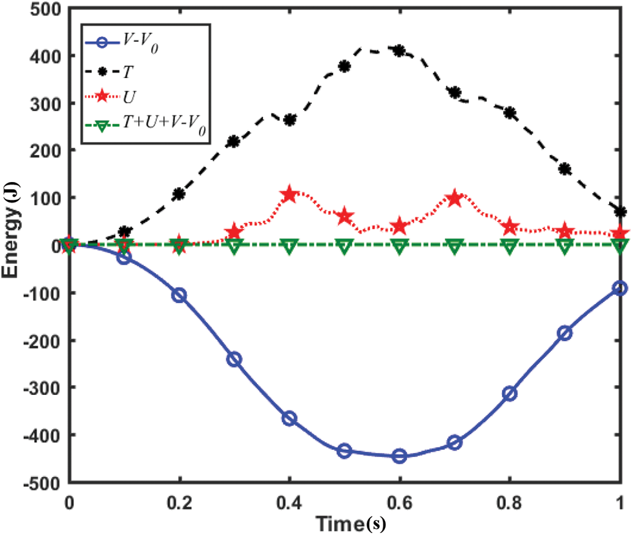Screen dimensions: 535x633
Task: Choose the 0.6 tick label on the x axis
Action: (399, 500)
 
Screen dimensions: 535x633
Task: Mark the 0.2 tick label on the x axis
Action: (179, 500)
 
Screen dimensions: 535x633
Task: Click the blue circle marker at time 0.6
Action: (399, 456)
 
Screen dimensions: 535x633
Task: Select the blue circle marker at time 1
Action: (620, 288)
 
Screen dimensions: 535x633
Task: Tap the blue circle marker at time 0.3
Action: (234, 359)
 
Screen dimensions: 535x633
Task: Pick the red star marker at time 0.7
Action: (455, 198)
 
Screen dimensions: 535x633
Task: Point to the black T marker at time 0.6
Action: (399, 50)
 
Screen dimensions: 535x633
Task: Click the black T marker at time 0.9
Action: (565, 169)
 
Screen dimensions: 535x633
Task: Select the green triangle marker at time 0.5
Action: (344, 246)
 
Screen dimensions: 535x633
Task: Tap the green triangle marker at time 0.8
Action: (510, 246)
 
